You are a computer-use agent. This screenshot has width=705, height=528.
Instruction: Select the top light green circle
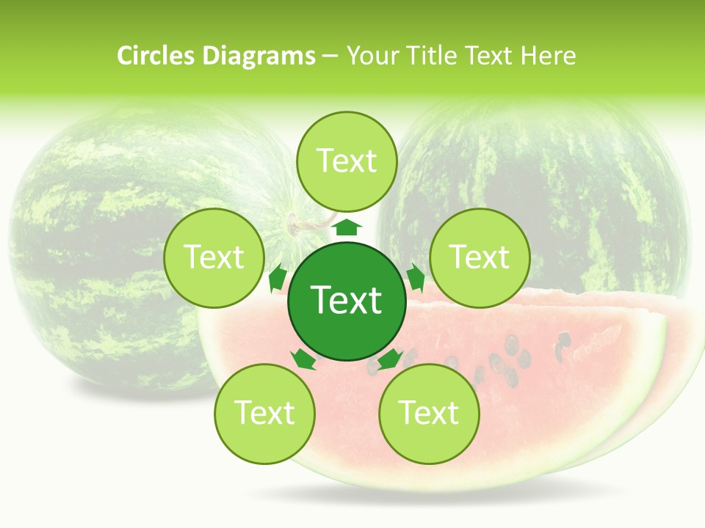[x=347, y=161]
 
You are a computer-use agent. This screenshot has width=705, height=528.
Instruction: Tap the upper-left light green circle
[x=213, y=257]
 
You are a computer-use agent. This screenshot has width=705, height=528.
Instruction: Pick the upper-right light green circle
[x=480, y=257]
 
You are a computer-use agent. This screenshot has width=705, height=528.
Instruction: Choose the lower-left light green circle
[x=264, y=414]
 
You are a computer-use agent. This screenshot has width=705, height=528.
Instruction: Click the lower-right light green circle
[x=429, y=414]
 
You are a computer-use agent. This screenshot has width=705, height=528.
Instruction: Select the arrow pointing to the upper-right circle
[x=415, y=278]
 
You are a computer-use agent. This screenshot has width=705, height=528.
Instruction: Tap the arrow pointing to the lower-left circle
[x=303, y=359]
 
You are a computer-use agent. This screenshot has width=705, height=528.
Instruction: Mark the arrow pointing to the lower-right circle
[x=390, y=359]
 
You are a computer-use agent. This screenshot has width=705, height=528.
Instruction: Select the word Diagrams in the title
[x=258, y=56]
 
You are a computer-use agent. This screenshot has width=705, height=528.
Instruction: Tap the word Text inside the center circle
[x=346, y=300]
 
